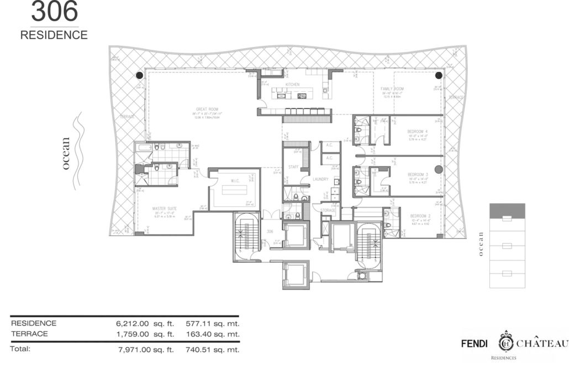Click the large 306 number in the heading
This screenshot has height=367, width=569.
pyautogui.click(x=54, y=11)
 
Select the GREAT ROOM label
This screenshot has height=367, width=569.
pyautogui.click(x=205, y=109)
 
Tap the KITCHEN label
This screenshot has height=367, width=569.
pyautogui.click(x=292, y=85)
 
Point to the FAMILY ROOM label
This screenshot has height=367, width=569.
pyautogui.click(x=392, y=89)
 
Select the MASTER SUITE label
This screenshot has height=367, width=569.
pyautogui.click(x=164, y=209)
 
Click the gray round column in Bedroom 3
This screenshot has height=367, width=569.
pyautogui.click(x=439, y=170)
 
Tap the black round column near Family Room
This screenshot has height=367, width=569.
pyautogui.click(x=439, y=76)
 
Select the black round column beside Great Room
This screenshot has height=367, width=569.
pyautogui.click(x=140, y=76)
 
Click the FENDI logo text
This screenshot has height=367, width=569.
pyautogui.click(x=475, y=343)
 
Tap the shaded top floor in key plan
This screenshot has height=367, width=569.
pyautogui.click(x=508, y=210)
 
